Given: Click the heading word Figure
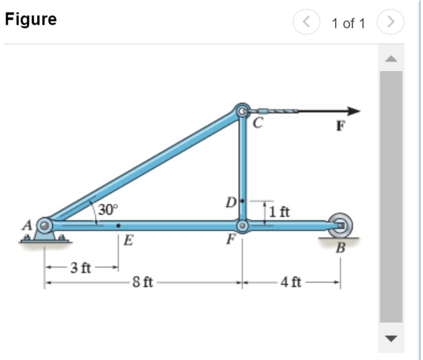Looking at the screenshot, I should [x=30, y=20].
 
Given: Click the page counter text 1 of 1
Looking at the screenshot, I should [x=348, y=23].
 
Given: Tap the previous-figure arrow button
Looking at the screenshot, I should [x=305, y=23].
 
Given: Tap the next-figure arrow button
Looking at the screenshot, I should [x=391, y=23].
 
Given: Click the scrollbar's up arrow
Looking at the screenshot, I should [x=391, y=60].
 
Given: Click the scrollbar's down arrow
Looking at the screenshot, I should [x=391, y=337].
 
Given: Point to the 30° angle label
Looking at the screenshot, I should [x=108, y=209].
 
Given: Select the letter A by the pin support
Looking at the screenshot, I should [x=27, y=225].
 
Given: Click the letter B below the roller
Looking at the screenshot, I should [x=340, y=248].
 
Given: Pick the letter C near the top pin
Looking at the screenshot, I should [x=257, y=124].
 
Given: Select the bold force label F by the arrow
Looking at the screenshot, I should [x=341, y=125].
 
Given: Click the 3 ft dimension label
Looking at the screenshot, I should [x=79, y=267].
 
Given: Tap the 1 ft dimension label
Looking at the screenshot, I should [x=279, y=212].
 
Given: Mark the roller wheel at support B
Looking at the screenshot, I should [x=340, y=225].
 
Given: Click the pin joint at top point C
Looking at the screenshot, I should [x=242, y=112].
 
